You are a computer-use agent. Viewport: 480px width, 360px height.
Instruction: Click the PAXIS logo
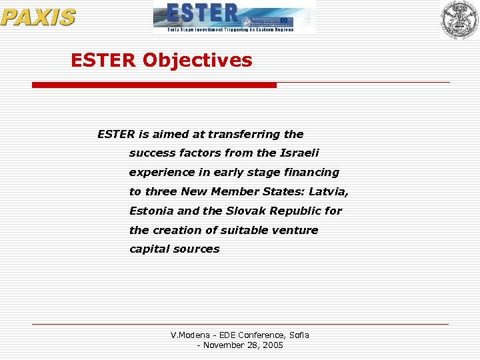pyautogui.click(x=38, y=17)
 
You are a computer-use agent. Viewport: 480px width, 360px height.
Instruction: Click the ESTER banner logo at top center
pyautogui.click(x=233, y=17)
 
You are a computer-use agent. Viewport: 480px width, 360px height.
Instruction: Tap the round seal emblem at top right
pyautogui.click(x=459, y=19)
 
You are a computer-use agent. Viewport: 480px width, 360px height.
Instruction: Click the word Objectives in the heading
pyautogui.click(x=197, y=61)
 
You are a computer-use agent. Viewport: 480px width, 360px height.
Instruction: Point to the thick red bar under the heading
pyautogui.click(x=154, y=85)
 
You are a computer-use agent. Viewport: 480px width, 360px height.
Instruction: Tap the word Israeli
pyautogui.click(x=299, y=153)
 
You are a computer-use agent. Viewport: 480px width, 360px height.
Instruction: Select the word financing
pyautogui.click(x=313, y=172)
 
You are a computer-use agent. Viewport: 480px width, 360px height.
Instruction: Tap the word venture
pyautogui.click(x=296, y=230)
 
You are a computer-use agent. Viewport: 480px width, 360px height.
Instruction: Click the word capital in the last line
pyautogui.click(x=149, y=249)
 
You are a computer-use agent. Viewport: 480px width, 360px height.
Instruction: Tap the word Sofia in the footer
pyautogui.click(x=297, y=335)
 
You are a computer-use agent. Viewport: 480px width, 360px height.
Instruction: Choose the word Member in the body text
pyautogui.click(x=237, y=191)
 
